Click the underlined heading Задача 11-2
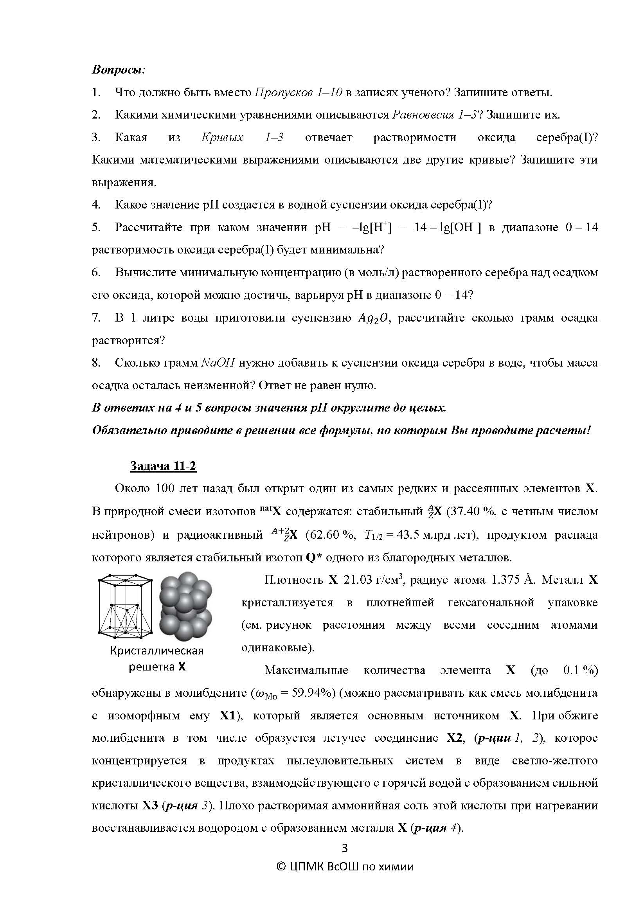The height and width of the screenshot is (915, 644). (x=164, y=466)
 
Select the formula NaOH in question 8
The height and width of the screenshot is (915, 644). (x=218, y=363)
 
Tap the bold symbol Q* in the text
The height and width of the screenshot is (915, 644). (x=314, y=557)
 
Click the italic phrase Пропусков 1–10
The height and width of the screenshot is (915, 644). (x=298, y=92)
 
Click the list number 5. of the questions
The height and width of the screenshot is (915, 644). (x=96, y=228)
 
